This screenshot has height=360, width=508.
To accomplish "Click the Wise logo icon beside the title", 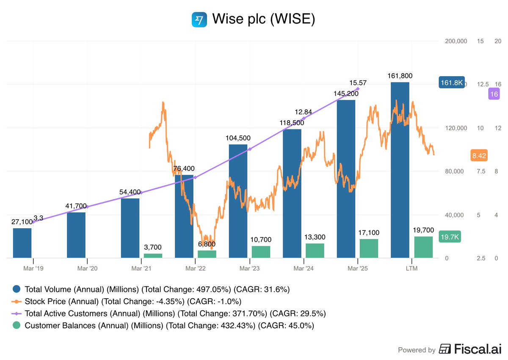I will click(x=199, y=19).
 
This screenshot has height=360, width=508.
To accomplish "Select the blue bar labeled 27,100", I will click(x=22, y=243).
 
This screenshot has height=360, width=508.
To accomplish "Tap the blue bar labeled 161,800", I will click(x=400, y=169).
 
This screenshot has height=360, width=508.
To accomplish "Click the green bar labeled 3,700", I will click(x=153, y=256).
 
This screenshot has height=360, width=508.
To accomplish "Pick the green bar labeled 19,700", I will click(x=423, y=247).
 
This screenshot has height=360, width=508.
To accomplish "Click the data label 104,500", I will click(x=238, y=138).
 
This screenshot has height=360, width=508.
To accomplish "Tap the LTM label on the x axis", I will click(x=411, y=269).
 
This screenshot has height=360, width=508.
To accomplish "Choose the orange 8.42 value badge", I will click(x=479, y=156).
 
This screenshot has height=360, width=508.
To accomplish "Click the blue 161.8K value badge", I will click(x=452, y=82).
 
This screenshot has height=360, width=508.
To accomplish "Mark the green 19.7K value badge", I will click(x=450, y=237).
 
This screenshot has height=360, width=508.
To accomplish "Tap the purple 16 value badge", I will click(x=494, y=94).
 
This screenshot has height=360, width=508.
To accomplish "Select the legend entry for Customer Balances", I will click(x=169, y=325).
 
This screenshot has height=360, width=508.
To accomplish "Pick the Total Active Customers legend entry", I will click(x=175, y=313).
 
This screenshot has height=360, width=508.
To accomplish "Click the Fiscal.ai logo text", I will click(x=470, y=349).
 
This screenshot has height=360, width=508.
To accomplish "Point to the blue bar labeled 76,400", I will click(x=184, y=216).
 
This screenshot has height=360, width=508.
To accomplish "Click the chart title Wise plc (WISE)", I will click(x=263, y=19).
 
